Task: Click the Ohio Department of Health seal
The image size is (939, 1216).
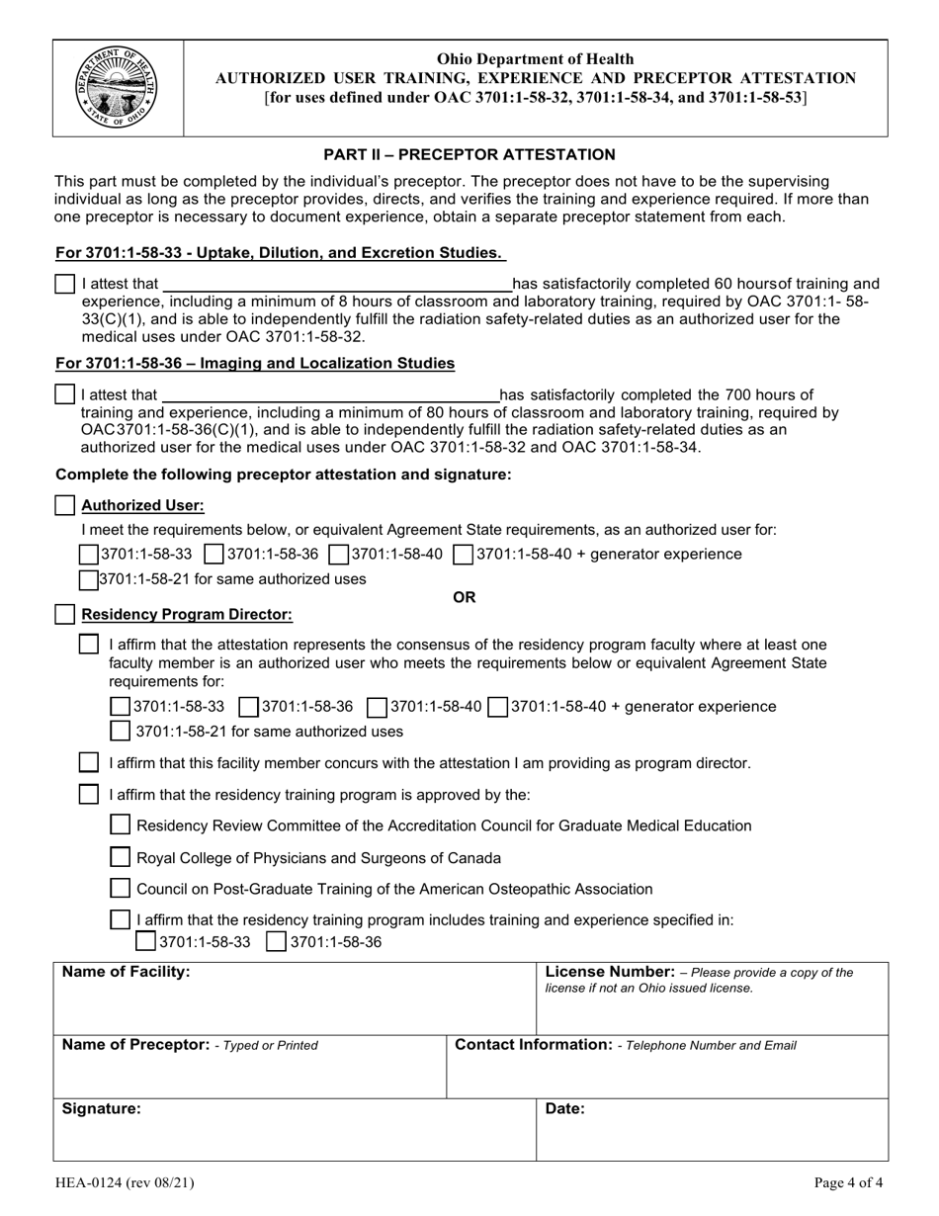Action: (118, 87)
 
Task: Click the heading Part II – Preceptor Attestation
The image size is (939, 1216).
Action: (469, 154)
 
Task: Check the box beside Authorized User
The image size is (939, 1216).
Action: (65, 505)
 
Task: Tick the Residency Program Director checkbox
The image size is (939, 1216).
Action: (65, 614)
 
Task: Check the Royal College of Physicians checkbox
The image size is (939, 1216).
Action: (120, 857)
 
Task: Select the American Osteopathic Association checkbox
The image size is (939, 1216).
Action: (120, 888)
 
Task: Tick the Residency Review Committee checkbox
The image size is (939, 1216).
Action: (120, 825)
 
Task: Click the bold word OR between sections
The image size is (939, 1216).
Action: (464, 597)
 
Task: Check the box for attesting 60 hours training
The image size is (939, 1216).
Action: (65, 284)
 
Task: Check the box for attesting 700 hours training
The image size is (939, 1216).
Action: (65, 394)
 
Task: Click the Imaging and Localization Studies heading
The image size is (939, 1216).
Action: (255, 363)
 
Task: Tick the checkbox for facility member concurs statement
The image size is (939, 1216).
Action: (89, 762)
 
